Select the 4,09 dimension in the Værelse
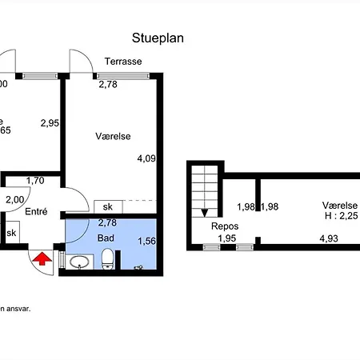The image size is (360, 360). (146, 158)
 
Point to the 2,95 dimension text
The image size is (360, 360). (50, 123)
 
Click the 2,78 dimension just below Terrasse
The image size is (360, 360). (107, 84)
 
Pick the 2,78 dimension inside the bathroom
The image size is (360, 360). (107, 223)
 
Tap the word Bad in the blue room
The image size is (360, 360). (106, 238)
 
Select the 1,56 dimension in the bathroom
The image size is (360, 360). (146, 241)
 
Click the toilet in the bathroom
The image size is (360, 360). (108, 259)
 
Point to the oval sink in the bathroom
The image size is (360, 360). (78, 262)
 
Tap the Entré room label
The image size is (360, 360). (36, 212)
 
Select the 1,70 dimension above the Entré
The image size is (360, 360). (34, 181)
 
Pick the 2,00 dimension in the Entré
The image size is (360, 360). (14, 200)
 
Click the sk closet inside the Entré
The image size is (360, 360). (12, 233)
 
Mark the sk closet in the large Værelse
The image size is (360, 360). (106, 206)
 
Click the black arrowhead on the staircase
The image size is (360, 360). (206, 213)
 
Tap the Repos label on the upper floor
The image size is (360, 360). (226, 226)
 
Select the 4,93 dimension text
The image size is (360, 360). (329, 238)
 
